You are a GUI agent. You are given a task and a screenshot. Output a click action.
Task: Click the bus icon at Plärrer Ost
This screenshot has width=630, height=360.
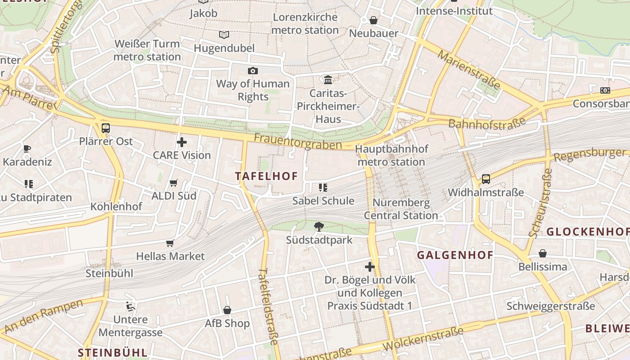coord(106,128)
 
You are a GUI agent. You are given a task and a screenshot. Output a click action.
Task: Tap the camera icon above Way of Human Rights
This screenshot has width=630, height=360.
coord(253,71)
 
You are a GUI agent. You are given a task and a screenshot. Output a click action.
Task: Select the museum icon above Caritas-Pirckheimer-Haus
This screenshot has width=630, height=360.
coord(328,80)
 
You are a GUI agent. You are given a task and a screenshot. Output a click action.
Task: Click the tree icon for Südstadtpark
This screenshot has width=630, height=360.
coord(319,226)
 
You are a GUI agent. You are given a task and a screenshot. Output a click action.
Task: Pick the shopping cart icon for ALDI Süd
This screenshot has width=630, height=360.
coord(174,183)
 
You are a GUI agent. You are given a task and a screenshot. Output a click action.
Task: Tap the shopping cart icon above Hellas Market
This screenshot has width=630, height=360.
coord(170,243)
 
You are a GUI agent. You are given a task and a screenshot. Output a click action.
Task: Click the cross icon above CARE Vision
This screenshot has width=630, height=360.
coord(182,142)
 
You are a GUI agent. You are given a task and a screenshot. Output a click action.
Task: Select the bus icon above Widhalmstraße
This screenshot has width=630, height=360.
coord(486,179)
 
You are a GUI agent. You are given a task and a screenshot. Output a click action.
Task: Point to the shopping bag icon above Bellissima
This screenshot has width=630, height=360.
coord(543,253)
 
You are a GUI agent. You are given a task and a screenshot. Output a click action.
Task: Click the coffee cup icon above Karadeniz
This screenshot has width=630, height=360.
coord(27,148)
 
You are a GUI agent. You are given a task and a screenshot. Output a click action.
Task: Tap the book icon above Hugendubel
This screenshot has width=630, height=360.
coord(224,35)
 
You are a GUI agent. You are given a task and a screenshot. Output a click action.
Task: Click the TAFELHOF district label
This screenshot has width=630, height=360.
coord(266,176)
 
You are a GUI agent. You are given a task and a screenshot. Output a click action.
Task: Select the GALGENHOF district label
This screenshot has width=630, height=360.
coord(455,255)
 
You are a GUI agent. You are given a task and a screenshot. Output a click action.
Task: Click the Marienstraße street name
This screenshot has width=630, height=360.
coord(469,70)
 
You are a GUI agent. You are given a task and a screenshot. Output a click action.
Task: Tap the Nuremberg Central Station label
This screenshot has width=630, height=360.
coord(400,209)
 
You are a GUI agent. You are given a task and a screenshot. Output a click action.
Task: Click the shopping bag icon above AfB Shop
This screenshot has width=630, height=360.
coord(227,310)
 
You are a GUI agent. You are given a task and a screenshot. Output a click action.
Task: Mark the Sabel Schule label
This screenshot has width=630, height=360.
coord(323,201)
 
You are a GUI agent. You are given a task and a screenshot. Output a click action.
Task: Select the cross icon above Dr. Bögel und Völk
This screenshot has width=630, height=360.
coord(370,267)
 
